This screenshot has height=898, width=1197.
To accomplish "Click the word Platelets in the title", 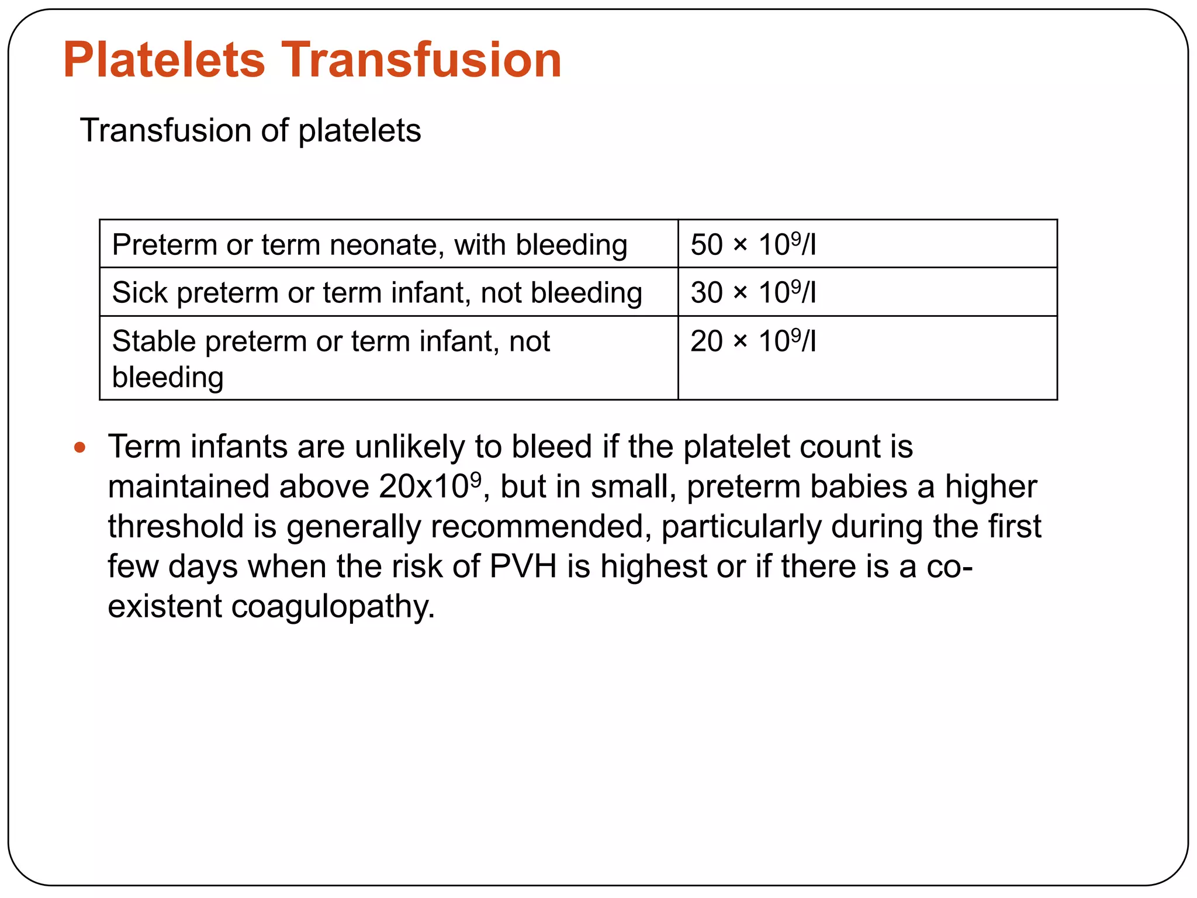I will coord(164,60).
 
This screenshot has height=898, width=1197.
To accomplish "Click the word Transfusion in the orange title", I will coord(421,60).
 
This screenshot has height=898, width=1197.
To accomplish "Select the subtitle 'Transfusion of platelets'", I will coord(250,130).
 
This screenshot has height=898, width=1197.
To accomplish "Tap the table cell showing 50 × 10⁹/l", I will coord(753,244).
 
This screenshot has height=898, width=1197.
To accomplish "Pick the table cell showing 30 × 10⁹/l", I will coord(753,292).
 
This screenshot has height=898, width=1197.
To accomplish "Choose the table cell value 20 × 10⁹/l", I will coord(753,341).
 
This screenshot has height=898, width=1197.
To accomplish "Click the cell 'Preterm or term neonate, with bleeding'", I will coord(369,244).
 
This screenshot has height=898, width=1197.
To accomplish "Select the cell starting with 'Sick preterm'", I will coord(377,292).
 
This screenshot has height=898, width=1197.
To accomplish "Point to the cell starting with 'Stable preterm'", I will coord(331,358).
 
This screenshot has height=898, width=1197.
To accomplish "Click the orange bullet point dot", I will coord(80,448).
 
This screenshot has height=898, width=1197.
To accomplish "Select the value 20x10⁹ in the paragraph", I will coord(430,486).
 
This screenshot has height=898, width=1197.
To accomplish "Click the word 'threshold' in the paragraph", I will coord(175,526).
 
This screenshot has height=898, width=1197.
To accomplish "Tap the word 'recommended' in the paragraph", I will coord(541,526).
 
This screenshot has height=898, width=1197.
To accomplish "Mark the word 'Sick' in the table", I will coord(140,292).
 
